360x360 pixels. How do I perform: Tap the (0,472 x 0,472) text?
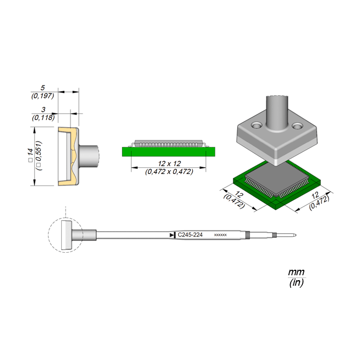(x=168, y=172)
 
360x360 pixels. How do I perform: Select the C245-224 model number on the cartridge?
(x=190, y=235)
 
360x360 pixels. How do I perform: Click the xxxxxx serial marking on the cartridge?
(x=220, y=235)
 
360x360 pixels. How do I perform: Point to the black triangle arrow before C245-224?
(x=172, y=235)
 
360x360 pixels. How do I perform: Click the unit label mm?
(x=296, y=272)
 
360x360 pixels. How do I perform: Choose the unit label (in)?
(x=296, y=283)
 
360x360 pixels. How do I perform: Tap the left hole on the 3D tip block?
(x=254, y=126)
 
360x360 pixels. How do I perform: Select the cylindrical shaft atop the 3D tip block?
(x=277, y=110)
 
